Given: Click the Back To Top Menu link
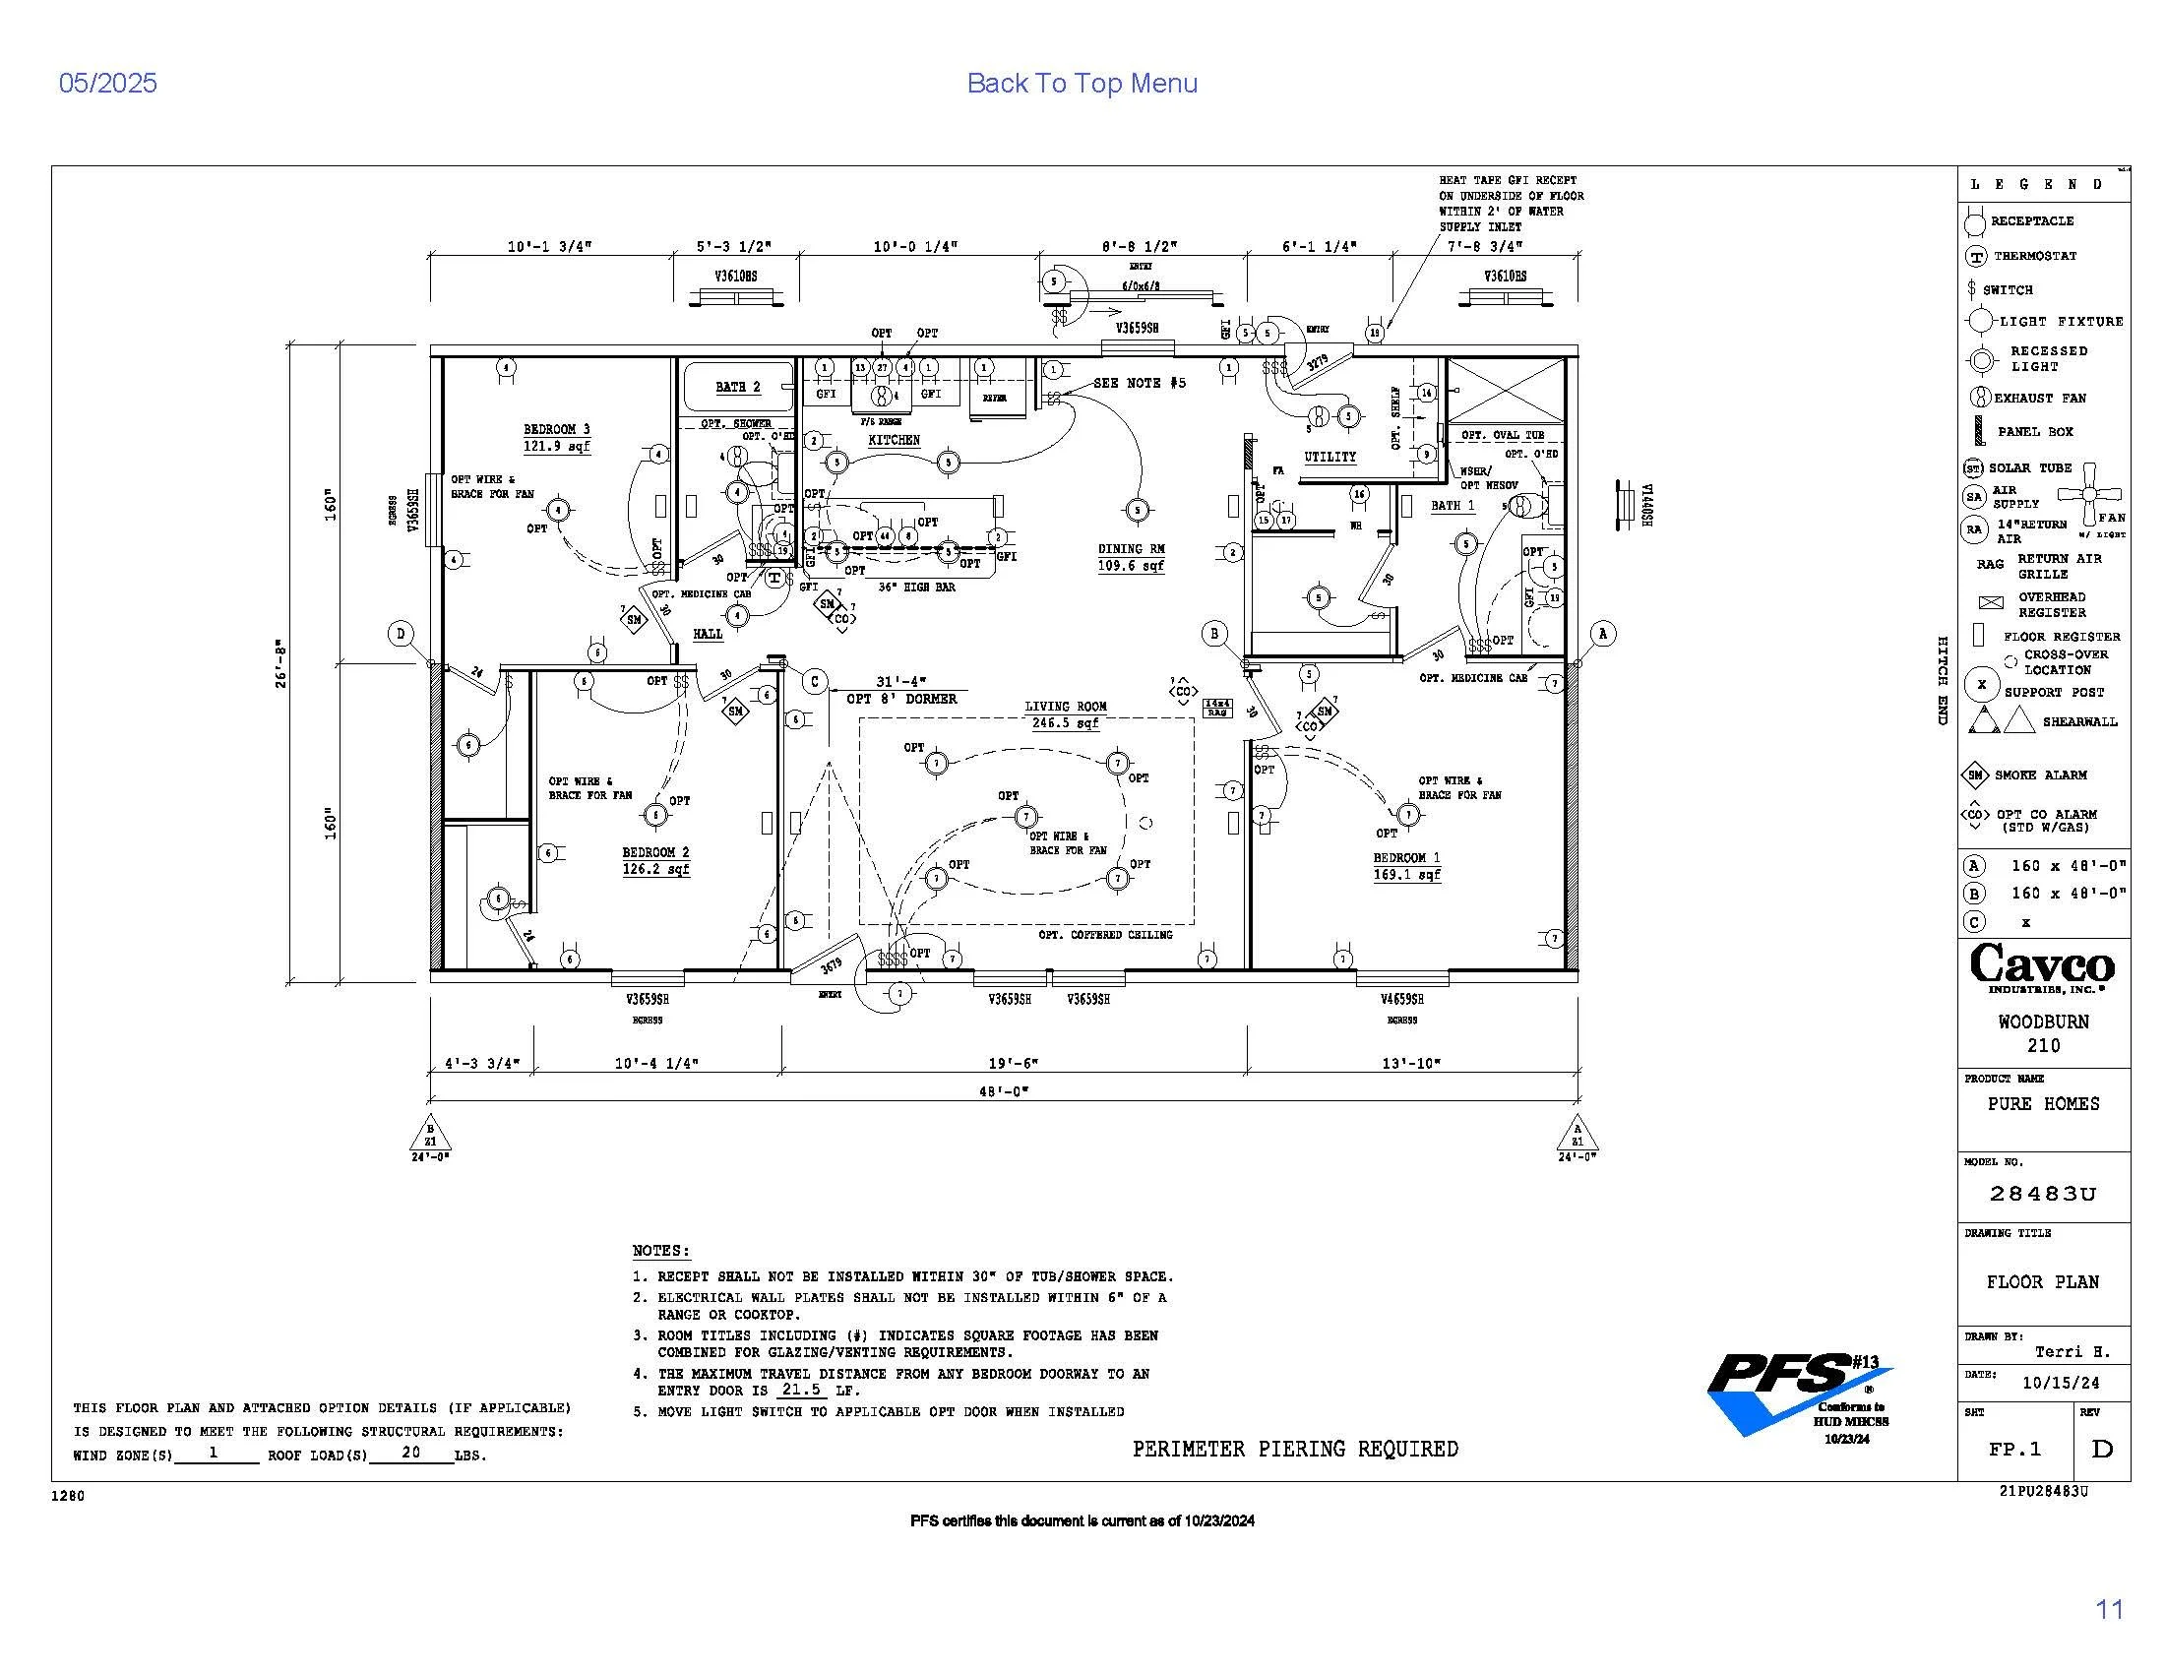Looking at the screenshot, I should pos(1082,84).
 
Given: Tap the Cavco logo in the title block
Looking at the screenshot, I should pos(2042,966).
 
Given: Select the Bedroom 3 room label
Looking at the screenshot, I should pos(556,429).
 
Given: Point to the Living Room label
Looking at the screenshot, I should pos(1066,707).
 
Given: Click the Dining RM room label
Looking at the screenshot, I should pos(1131,549).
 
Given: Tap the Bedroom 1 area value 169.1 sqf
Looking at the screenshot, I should pos(1406,875).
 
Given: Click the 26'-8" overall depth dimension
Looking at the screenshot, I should pos(281,663).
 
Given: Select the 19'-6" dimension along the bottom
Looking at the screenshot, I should pos(1013,1064).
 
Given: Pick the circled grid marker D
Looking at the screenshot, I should pos(401,635).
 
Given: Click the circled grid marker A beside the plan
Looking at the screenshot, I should pos(1603,635).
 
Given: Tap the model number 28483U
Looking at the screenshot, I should pos(2042,1195).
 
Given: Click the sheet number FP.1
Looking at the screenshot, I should pos(2014,1449).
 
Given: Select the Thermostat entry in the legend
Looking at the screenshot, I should pos(2034,256).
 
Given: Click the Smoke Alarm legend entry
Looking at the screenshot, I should pos(2040,775).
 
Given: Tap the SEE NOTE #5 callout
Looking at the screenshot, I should pos(1139,383).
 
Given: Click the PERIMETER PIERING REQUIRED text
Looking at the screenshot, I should pos(1295,1449).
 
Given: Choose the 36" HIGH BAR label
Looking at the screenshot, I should pos(916,588).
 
